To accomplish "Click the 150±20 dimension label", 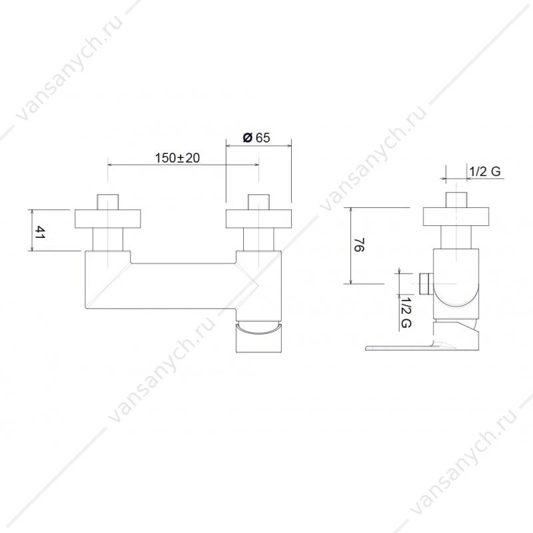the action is click(x=177, y=158).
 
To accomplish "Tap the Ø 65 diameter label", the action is click(x=257, y=138).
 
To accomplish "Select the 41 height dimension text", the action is click(x=39, y=232).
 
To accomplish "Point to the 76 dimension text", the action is click(x=359, y=245).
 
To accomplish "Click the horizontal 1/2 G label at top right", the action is click(x=485, y=171).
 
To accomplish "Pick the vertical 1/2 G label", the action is click(x=406, y=312).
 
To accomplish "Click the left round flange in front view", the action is click(x=108, y=219).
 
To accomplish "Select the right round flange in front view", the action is click(x=259, y=219).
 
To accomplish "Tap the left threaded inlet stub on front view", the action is click(x=108, y=202).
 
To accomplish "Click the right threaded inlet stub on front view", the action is click(x=259, y=202).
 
